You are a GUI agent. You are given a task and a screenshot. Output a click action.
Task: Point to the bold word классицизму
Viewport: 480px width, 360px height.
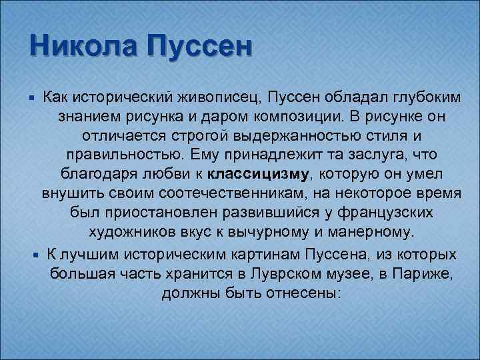(x=259, y=175)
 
